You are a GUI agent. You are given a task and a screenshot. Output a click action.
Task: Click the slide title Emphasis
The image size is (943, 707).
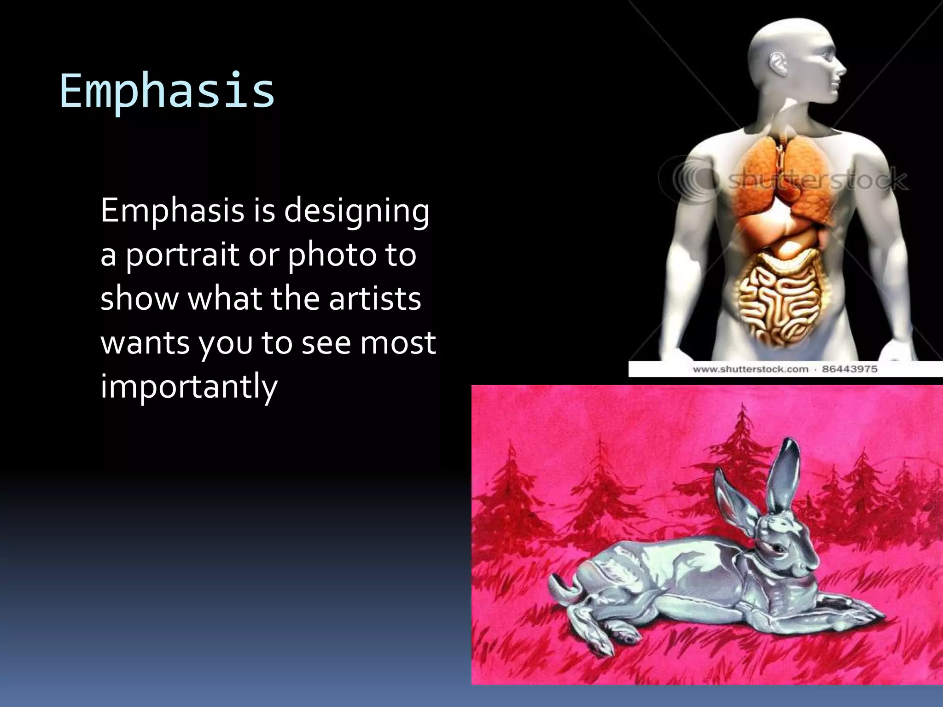pyautogui.click(x=167, y=91)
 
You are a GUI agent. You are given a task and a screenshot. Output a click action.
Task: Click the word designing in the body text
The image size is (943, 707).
pyautogui.click(x=356, y=211)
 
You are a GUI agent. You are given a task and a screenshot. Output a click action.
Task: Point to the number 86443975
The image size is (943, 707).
pyautogui.click(x=850, y=369)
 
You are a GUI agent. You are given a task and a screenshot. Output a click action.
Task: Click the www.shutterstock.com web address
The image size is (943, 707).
pyautogui.click(x=751, y=369)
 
